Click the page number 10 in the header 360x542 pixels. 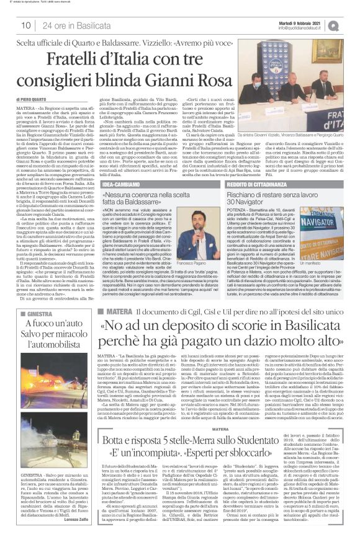(27, 24)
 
